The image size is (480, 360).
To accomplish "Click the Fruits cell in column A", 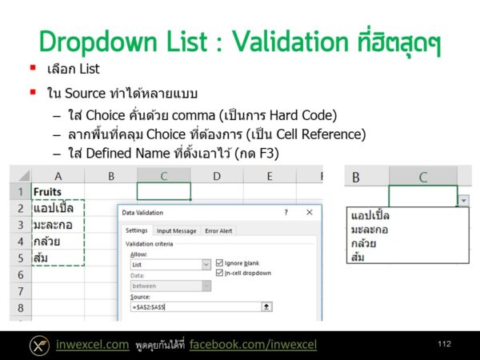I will coord(49,192).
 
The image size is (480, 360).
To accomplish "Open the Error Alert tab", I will coord(218,231).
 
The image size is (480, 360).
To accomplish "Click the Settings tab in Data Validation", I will coord(136,231).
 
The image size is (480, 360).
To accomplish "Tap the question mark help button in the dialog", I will coord(286,213).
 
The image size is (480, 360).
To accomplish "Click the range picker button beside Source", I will coord(267,306).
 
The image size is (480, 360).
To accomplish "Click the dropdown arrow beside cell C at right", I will coord(464,201).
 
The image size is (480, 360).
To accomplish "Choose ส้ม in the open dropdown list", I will coord(359,257).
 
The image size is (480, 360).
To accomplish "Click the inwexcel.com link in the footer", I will coord(92,345).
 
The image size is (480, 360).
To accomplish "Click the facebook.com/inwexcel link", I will coord(253,345).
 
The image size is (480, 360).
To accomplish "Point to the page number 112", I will coord(444,344).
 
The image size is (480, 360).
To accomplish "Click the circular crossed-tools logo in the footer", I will coord(39,345).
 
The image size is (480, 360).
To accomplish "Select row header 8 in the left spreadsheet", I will coord(20,307).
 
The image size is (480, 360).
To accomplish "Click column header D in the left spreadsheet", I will coord(216,175).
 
